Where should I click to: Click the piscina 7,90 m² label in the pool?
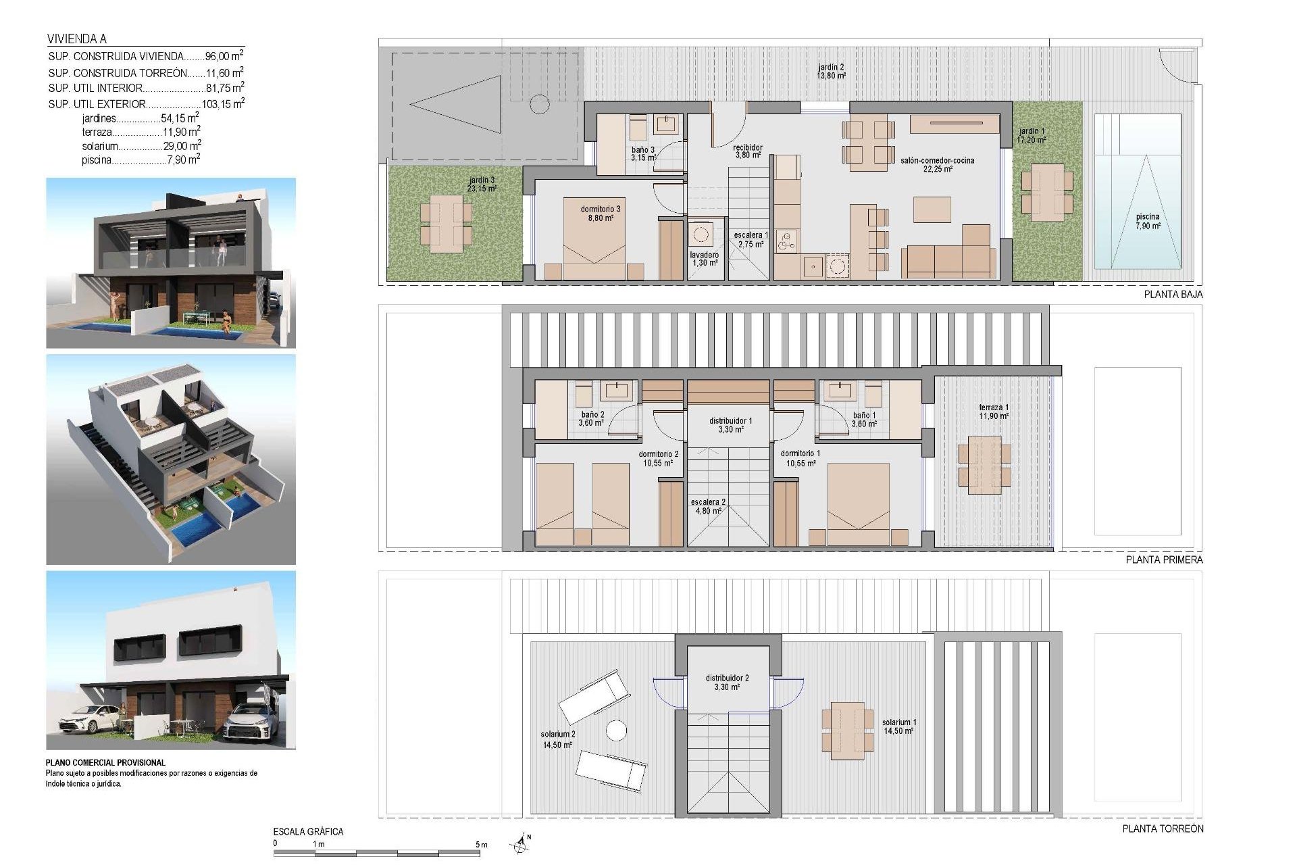[1147, 221]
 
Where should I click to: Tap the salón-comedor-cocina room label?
[937, 165]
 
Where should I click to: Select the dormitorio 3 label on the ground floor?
[600, 214]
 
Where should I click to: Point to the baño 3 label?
[642, 153]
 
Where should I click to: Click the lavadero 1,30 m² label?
[704, 259]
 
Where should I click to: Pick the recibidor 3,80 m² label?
[748, 151]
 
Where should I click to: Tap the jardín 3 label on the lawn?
[481, 184]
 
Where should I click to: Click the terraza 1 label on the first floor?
[993, 412]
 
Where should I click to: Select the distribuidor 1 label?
[730, 424]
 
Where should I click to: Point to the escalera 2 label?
[708, 506]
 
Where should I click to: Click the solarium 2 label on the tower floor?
[557, 739]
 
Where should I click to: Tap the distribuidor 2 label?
[727, 682]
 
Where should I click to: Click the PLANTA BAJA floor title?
[1173, 295]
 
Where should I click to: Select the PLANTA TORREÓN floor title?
[1163, 829]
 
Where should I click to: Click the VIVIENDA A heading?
[77, 39]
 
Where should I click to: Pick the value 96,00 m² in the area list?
[224, 57]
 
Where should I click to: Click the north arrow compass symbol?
[519, 843]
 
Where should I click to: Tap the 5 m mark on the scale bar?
[481, 845]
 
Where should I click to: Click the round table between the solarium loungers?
[615, 731]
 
